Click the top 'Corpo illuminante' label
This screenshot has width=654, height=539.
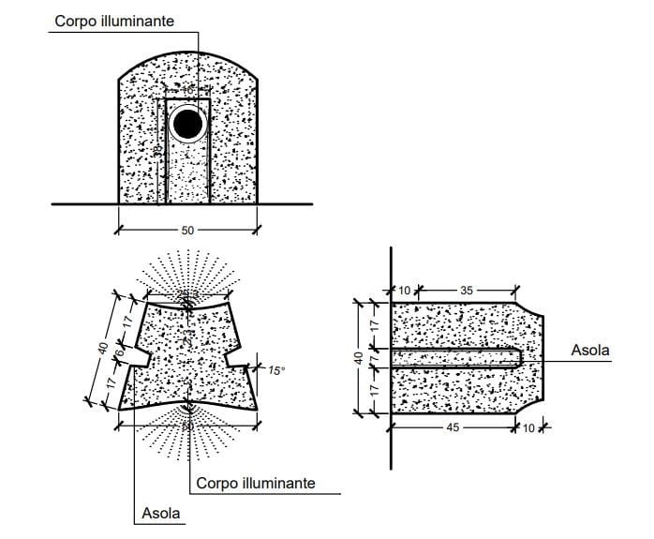[113, 21]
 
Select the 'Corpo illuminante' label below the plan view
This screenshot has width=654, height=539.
[256, 484]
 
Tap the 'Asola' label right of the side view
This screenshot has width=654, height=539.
[590, 351]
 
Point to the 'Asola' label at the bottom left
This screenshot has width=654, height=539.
[161, 514]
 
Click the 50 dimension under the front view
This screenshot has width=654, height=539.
[186, 230]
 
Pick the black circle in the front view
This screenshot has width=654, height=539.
[188, 124]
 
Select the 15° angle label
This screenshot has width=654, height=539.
[276, 370]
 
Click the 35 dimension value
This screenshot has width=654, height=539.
[467, 290]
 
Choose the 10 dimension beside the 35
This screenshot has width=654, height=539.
[405, 290]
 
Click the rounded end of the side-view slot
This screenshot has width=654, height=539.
[517, 357]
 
